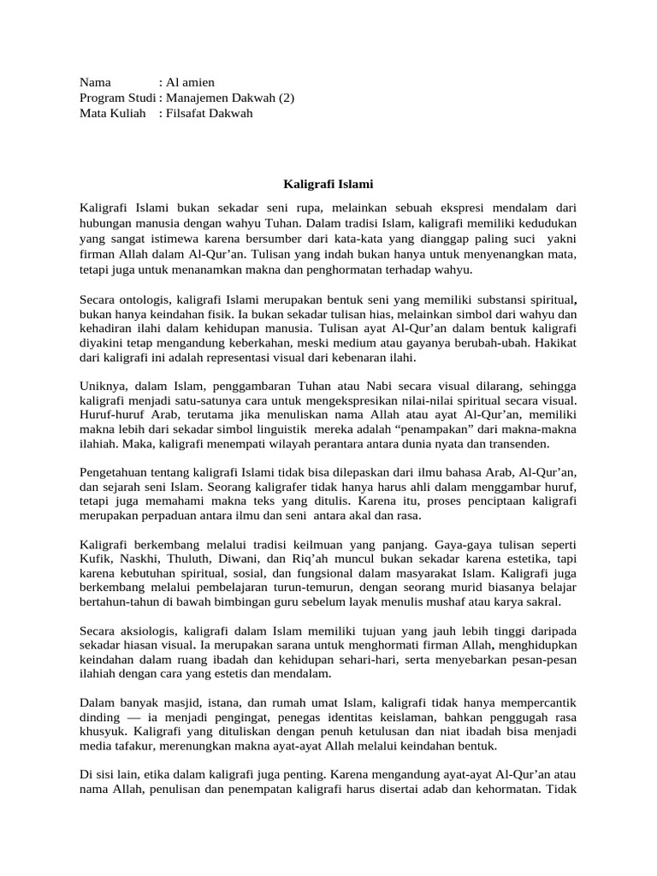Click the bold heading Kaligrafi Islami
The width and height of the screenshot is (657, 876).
(x=328, y=183)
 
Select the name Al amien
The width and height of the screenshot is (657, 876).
(x=192, y=82)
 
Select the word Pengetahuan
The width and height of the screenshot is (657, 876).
(x=115, y=472)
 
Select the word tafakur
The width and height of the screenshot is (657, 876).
(x=133, y=746)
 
